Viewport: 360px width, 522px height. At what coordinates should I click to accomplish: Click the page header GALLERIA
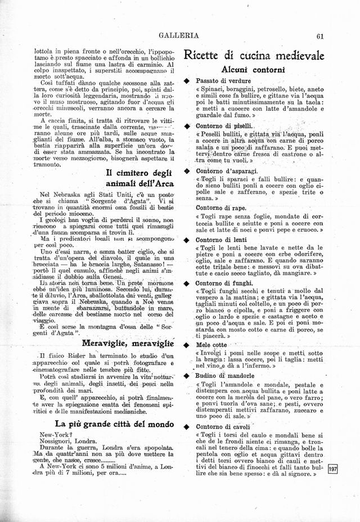(179, 35)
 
